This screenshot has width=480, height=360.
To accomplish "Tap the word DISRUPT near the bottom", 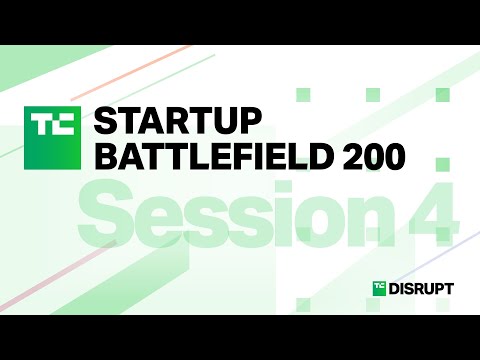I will coord(421,289).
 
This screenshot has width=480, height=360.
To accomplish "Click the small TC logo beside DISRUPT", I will coord(379,289).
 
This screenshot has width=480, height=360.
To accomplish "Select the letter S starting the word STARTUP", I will coord(103,120).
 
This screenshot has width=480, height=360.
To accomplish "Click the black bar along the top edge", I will coord(240,20).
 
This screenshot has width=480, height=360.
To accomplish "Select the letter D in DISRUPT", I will coord(396,289).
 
